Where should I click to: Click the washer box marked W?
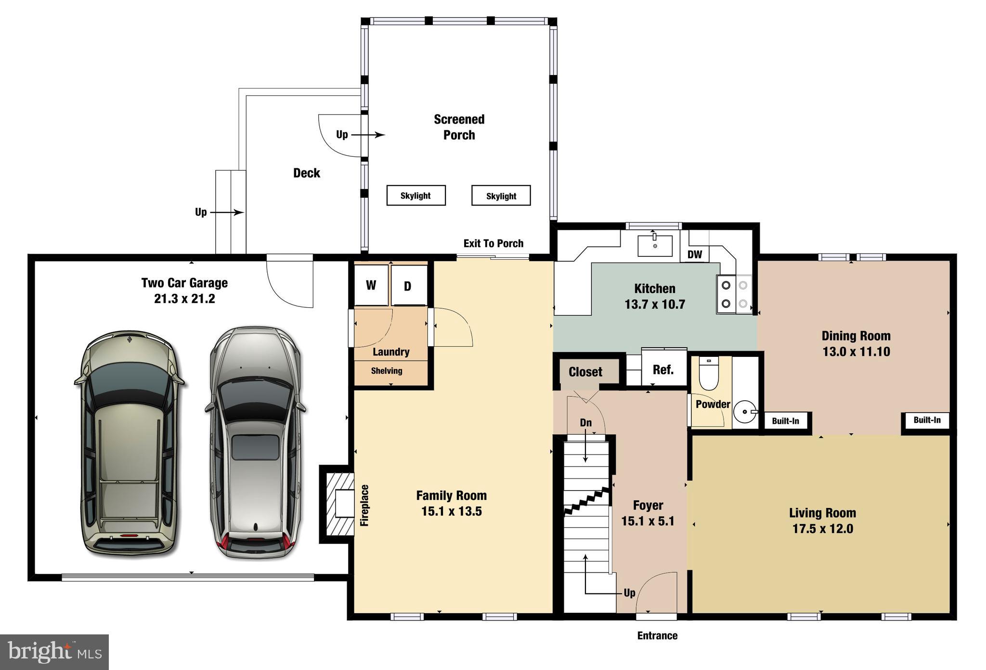[x=371, y=285]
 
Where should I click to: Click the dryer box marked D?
[x=408, y=286]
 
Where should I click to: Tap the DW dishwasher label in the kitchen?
[x=694, y=254]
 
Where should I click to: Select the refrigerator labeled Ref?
[x=663, y=369]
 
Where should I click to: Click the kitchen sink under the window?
[x=655, y=245]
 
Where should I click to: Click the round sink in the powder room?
[x=745, y=412]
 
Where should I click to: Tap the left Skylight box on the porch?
[x=416, y=196]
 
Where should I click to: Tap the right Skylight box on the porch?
[x=501, y=196]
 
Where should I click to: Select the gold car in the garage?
[x=129, y=443]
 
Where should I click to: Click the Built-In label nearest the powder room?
[x=785, y=421]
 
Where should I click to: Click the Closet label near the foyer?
[x=585, y=372]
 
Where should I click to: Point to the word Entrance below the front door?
[x=657, y=636]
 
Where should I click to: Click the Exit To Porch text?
[x=493, y=243]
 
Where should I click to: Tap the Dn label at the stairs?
[x=585, y=423]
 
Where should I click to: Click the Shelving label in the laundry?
[x=387, y=371]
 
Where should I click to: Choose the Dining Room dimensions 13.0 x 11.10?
[x=856, y=352]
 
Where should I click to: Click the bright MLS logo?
[x=54, y=652]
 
